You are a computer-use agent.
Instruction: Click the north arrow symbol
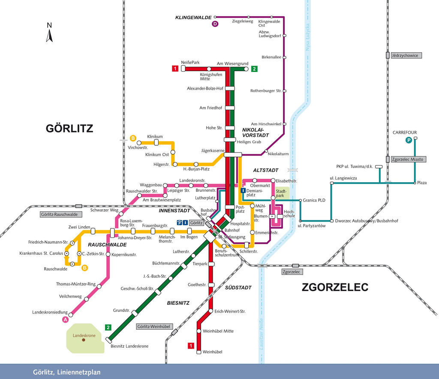(x=49, y=33)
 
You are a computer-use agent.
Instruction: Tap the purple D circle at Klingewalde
(x=215, y=24)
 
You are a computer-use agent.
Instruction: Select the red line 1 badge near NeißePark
(x=175, y=68)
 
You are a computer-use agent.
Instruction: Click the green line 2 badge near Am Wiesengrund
(x=254, y=69)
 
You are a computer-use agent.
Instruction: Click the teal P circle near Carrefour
(x=409, y=140)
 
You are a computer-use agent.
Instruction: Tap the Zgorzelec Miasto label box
(x=408, y=159)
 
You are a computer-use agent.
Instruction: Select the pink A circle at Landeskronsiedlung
(x=65, y=319)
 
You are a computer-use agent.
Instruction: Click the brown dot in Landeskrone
(x=84, y=340)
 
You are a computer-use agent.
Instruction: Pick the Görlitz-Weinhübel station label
(x=154, y=326)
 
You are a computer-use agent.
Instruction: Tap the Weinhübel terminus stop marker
(x=199, y=352)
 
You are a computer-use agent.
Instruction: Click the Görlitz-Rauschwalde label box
(x=61, y=214)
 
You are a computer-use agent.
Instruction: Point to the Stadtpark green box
(x=282, y=193)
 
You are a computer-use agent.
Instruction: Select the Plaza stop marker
(x=415, y=183)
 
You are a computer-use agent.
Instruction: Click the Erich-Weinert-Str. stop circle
(x=211, y=311)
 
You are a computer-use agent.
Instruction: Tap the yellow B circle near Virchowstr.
(x=133, y=138)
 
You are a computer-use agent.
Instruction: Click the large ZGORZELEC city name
(x=335, y=287)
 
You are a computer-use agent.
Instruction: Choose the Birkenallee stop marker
(x=285, y=57)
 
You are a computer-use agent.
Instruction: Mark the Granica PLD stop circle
(x=300, y=200)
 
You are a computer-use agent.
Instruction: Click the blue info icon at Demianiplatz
(x=243, y=190)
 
